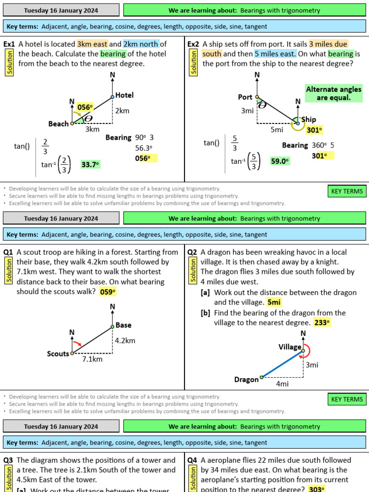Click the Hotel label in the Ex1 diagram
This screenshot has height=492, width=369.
click(124, 95)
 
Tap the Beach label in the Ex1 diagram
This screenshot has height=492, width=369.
click(59, 124)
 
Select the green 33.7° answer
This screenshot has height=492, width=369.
click(90, 164)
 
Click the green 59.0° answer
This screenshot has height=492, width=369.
click(280, 161)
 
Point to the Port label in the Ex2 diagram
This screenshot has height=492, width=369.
click(245, 97)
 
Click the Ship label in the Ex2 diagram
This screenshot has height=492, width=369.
click(309, 120)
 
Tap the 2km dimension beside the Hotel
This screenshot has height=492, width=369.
click(122, 111)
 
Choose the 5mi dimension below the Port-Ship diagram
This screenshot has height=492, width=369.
click(276, 129)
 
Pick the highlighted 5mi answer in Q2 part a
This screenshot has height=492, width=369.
click(274, 302)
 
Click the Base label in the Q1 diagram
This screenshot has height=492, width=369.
click(123, 325)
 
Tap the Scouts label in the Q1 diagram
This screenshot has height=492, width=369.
click(58, 354)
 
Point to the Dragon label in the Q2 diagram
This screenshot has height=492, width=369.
click(246, 380)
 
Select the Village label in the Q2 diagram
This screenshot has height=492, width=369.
click(290, 347)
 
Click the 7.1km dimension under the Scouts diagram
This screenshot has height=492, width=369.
click(92, 359)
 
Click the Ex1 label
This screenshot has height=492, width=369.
click(9, 44)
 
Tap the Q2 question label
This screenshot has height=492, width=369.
click(192, 252)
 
